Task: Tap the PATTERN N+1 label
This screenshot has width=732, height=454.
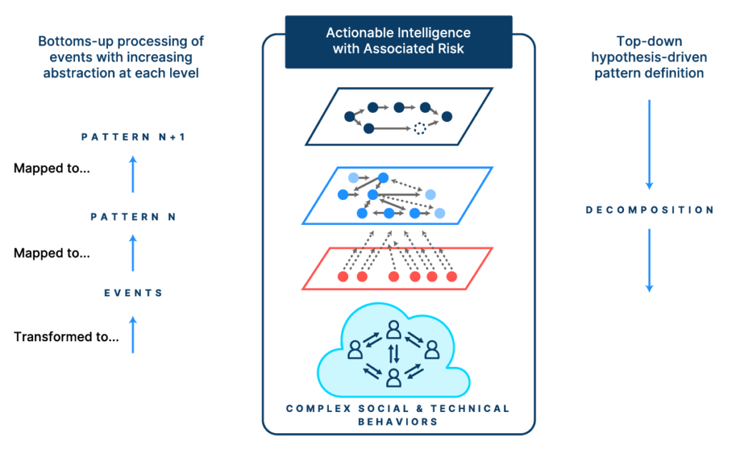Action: tap(133, 137)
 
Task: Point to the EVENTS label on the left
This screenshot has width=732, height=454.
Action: tap(134, 293)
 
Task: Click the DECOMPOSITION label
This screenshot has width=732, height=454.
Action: tap(650, 210)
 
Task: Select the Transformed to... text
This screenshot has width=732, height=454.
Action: tap(66, 337)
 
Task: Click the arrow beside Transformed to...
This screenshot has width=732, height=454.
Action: tap(133, 334)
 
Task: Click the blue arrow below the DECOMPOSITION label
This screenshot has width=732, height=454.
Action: tap(650, 261)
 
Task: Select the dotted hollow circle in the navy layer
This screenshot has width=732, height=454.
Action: tap(420, 129)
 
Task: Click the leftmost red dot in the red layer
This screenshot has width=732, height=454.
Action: tap(343, 277)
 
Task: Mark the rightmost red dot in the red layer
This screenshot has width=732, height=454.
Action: tap(451, 277)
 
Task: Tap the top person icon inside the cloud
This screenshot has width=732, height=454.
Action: tap(393, 329)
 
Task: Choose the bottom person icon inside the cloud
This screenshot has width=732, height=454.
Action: tap(393, 377)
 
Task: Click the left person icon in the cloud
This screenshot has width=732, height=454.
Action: tap(355, 349)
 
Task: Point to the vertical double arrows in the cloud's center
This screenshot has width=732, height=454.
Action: tap(393, 353)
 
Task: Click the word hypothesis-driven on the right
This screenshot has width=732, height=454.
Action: tap(649, 58)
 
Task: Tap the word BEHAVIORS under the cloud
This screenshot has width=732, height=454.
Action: tap(398, 421)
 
